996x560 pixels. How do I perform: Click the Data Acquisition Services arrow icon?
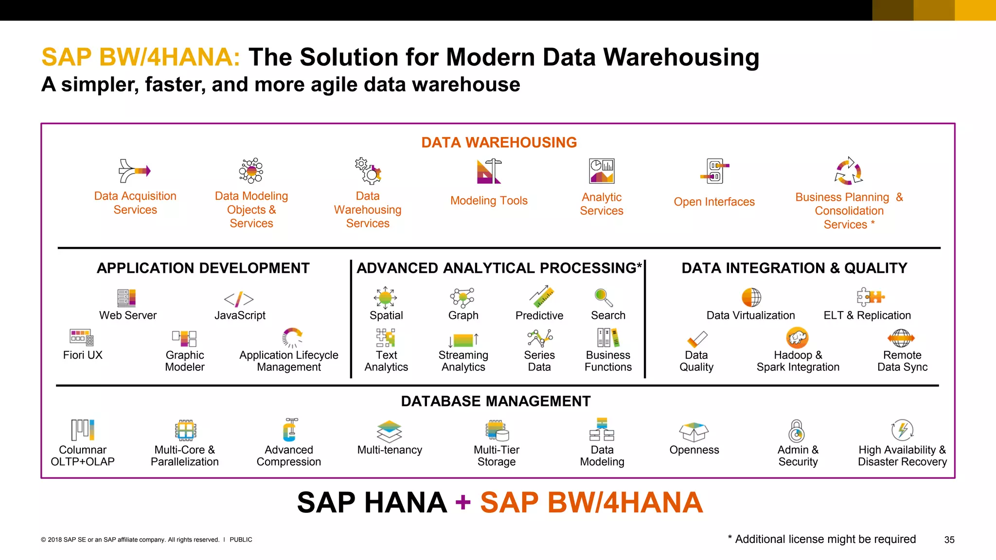134,171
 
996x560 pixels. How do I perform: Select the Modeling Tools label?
489,201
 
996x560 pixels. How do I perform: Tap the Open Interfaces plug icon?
714,171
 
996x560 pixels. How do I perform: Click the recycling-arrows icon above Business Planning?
849,171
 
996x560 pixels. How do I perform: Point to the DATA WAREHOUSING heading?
498,142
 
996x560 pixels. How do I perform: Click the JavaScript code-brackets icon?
239,299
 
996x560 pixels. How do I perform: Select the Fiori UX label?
83,355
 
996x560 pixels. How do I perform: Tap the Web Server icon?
126,297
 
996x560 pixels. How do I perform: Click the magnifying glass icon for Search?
604,297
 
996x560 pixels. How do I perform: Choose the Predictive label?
539,315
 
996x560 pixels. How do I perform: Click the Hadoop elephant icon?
797,337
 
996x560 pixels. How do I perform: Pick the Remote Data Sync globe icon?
901,338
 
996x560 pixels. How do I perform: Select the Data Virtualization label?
750,315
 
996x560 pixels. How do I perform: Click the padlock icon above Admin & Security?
797,431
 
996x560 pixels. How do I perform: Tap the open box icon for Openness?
694,431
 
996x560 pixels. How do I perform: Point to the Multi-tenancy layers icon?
390,431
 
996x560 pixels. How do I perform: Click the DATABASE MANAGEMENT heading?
496,401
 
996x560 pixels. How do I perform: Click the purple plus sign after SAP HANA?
463,503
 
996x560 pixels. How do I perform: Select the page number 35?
949,540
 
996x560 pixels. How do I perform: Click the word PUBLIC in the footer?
241,540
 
